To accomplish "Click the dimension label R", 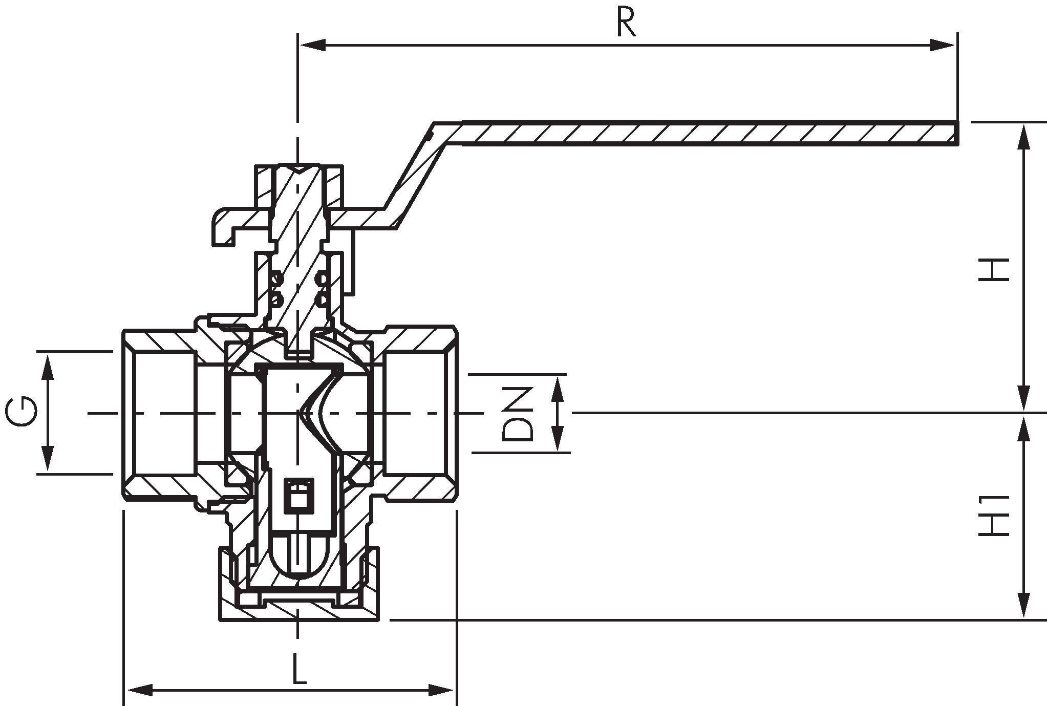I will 626,23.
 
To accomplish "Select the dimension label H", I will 994,269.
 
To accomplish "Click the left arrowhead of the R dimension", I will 312,46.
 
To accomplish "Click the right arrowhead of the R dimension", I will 943,46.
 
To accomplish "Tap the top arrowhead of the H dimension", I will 1024,135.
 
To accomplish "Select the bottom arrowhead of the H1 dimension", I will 1024,607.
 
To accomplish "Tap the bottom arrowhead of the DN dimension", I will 558,440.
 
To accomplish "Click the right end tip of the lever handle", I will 956,134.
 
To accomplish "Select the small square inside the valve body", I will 299,495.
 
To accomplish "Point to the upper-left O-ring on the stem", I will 277,279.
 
